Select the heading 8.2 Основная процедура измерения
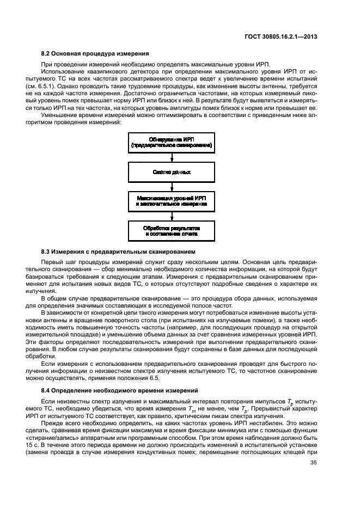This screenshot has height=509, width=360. coord(95,53)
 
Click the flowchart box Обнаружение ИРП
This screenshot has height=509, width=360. coord(172,144)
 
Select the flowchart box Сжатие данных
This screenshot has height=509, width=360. coord(172,172)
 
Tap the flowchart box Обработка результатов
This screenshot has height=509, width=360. coord(172,229)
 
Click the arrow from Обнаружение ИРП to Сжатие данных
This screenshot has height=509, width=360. coord(172,158)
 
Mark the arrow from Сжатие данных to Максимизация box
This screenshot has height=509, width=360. coord(172,186)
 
